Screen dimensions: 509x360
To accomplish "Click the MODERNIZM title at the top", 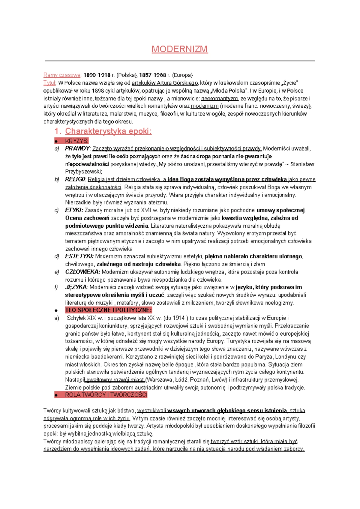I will [179, 49].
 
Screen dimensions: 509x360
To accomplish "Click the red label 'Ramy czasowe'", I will [62, 75].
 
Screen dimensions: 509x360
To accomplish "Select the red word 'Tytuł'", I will [49, 83].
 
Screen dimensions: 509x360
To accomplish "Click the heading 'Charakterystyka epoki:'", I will [108, 131].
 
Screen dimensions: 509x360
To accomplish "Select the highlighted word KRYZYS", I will [76, 141].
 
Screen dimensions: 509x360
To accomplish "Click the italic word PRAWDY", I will [77, 148].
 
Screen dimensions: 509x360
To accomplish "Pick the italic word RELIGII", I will [75, 179].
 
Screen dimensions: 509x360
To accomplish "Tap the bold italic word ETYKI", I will [74, 210].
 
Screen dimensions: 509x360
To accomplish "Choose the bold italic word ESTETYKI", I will [79, 256].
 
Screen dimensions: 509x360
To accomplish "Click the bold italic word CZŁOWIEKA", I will [82, 272].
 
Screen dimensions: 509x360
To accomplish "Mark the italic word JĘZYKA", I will [76, 287].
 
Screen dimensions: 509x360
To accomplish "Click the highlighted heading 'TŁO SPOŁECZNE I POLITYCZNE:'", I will [108, 310].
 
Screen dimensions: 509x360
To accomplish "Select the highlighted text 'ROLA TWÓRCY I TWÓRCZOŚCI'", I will [106, 395].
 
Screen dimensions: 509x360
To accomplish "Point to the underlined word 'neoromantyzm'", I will [220, 98].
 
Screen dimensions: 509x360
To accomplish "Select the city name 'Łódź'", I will [179, 380].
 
